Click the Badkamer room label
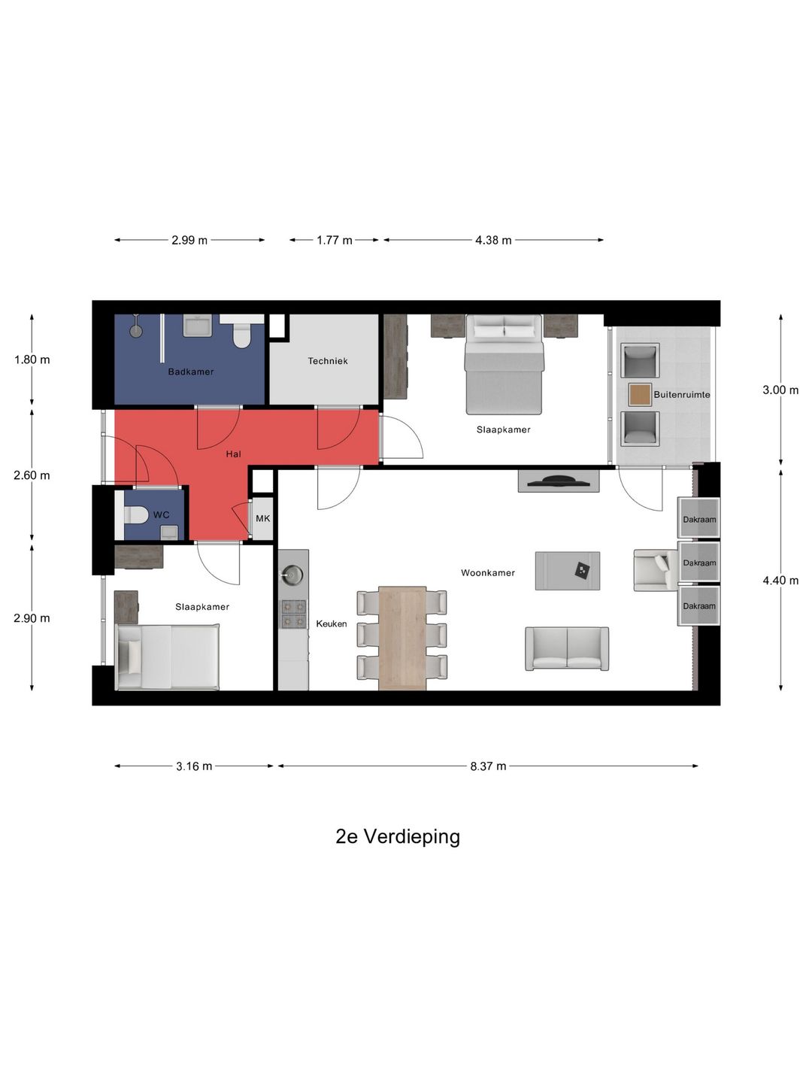191,372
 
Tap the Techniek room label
328,361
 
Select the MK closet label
263,518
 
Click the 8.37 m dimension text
488,766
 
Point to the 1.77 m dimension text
335,240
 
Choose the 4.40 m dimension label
780,581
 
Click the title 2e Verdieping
398,836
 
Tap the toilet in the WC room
132,515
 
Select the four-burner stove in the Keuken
293,614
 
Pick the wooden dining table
402,638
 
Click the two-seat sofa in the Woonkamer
567,648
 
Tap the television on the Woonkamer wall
559,481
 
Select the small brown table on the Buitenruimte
640,395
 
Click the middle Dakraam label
699,563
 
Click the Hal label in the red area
234,454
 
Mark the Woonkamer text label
488,573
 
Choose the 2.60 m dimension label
32,475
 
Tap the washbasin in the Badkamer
198,326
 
